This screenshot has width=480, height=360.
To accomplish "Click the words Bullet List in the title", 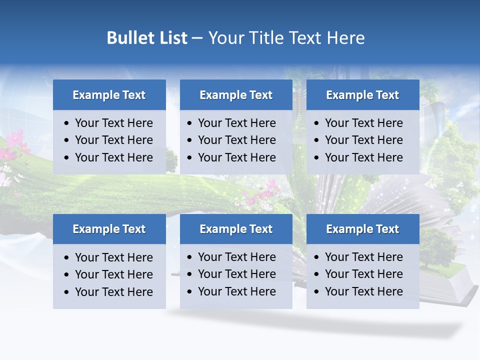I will coord(147,38).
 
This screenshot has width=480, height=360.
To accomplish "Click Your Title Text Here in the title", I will coord(286,38).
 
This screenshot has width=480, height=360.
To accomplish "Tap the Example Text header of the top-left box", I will coord(109,95).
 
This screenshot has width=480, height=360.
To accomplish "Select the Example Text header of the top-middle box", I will coord(236,95).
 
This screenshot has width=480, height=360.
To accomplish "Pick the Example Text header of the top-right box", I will coord(362,95).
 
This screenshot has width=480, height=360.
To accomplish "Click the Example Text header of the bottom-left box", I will coord(109,229).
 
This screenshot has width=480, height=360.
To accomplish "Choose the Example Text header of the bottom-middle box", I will coord(236,229).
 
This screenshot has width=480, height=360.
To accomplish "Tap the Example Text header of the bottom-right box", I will coord(362,229).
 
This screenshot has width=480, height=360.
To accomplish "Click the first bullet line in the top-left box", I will coord(113,123).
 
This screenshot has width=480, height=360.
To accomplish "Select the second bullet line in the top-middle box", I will coord(236,140).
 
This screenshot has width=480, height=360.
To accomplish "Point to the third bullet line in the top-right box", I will coord(363,157).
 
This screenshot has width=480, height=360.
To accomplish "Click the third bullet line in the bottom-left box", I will coord(113,292).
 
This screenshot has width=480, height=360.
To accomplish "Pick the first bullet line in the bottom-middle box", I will coord(236,257).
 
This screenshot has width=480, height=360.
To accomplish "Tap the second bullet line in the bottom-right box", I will coord(363,274).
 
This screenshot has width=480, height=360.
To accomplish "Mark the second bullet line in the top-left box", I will coord(113,140).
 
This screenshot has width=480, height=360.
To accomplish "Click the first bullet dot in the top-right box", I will coord(316,123).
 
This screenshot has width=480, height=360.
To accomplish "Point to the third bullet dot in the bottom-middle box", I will coord(189,292).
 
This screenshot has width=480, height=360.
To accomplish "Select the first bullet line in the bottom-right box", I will coord(363,257).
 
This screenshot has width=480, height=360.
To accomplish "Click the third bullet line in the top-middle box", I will coord(236,157).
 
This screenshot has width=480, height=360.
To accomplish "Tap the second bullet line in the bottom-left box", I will coord(113,274).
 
